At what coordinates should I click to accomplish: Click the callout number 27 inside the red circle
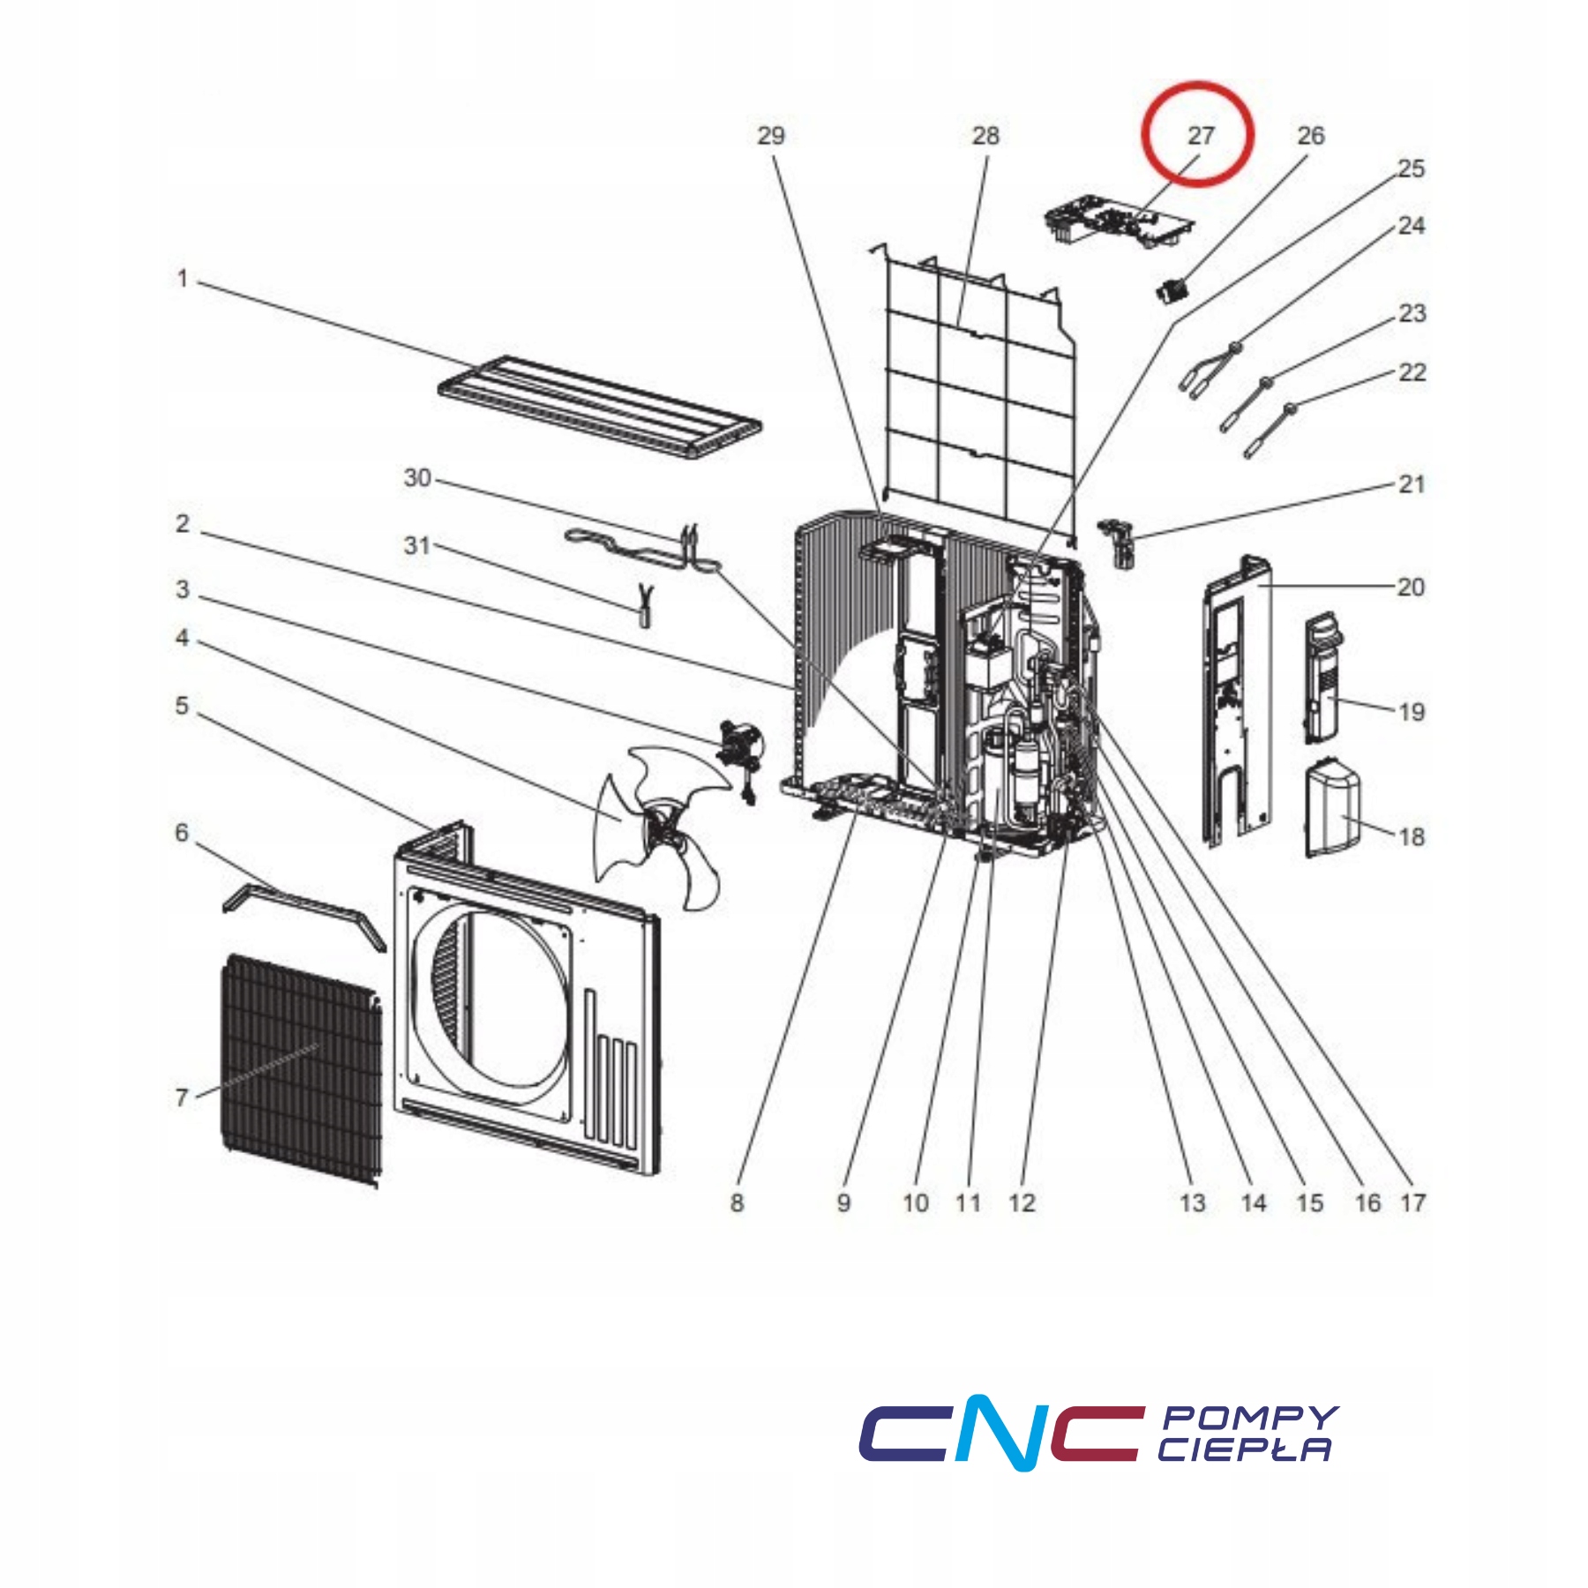coord(1201,135)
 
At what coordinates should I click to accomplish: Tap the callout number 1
coord(183,279)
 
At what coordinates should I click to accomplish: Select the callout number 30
coord(417,477)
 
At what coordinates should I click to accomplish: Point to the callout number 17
coord(1412,1202)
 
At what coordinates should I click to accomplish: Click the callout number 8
coord(737,1202)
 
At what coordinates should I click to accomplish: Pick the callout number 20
coord(1411,587)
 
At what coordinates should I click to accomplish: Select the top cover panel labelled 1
coord(600,408)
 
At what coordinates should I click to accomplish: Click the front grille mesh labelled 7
coord(301,1070)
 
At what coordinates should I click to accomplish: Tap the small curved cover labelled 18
coord(1332,810)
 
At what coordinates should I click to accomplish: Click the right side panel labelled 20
coord(1236,701)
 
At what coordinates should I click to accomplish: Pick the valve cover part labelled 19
coord(1322,678)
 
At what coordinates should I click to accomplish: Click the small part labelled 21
coord(1117,543)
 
